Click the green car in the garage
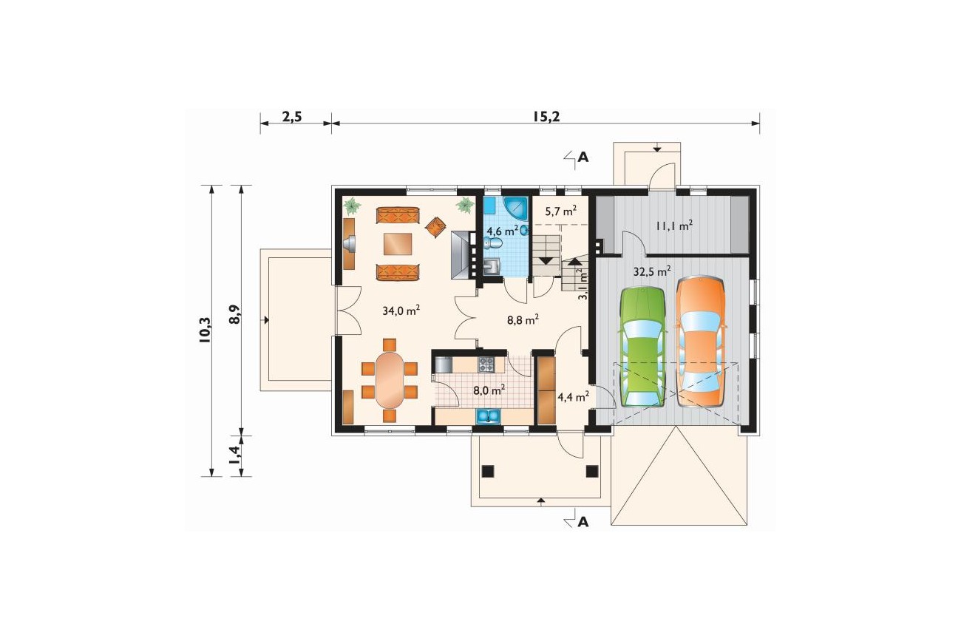tap(642, 347)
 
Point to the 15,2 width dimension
tap(546, 116)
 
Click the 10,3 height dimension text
tap(205, 330)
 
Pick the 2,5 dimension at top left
tap(292, 117)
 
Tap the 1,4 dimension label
tap(234, 455)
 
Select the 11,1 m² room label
tap(674, 225)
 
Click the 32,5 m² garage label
tap(652, 271)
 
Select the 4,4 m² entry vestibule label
tap(573, 397)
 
